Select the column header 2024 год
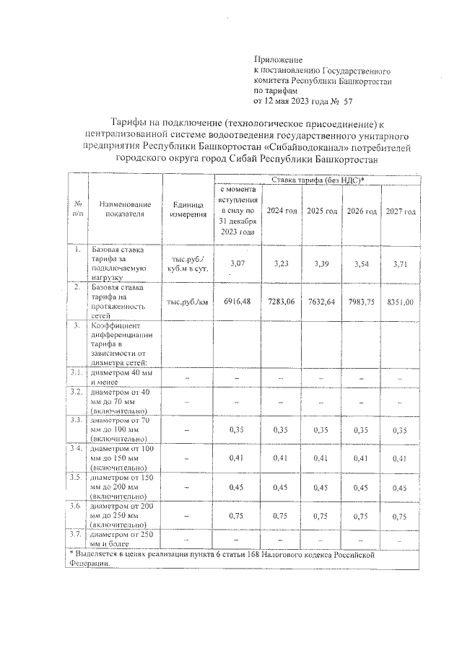(282, 211)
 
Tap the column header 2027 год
(400, 211)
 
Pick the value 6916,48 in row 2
(237, 301)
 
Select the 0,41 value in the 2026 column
(361, 457)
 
